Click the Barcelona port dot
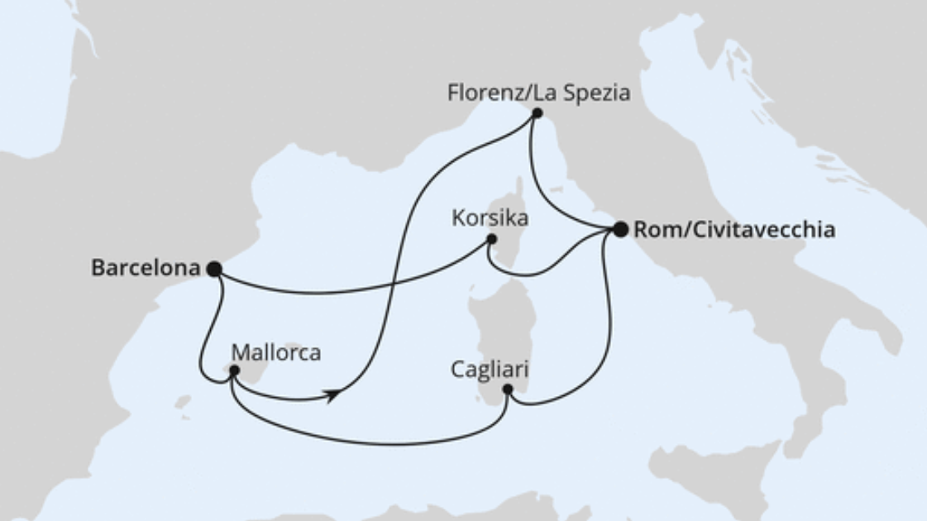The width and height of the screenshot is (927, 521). [213, 269]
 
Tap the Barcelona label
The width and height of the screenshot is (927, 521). [146, 268]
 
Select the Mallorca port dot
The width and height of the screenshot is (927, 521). [234, 371]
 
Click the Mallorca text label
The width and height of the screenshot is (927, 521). [275, 352]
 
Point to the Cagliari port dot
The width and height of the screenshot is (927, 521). [508, 390]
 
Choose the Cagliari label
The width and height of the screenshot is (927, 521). [490, 369]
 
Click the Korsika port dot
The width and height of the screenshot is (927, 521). [491, 239]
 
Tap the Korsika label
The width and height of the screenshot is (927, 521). [490, 219]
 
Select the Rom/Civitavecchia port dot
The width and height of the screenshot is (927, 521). [620, 229]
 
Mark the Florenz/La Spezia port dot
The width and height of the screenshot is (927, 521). [537, 113]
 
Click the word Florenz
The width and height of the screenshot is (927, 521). [485, 93]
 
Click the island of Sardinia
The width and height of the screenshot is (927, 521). [496, 331]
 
